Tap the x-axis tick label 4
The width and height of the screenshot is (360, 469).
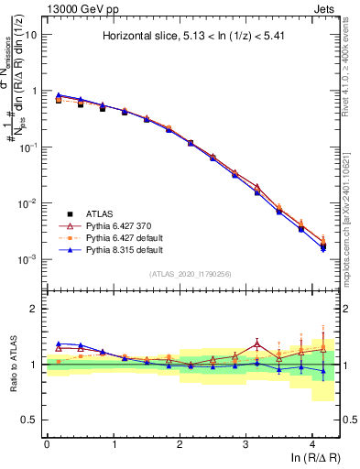[312, 443]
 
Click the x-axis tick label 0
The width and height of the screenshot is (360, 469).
[47, 443]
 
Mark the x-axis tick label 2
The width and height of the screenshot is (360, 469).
[180, 443]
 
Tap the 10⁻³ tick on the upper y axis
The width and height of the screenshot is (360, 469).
[29, 259]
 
